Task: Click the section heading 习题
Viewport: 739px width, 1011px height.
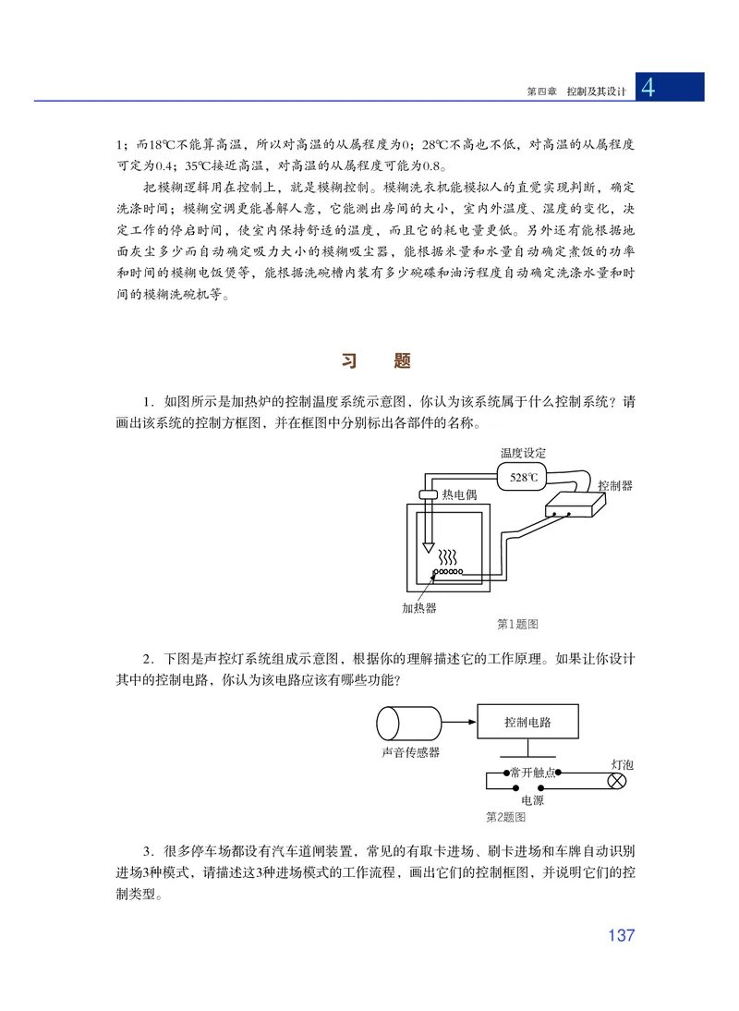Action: (x=375, y=360)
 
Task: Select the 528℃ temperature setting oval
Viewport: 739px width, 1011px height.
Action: (x=524, y=477)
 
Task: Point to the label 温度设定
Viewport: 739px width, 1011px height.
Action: (x=524, y=454)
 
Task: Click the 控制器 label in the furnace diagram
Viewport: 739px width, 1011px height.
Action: (x=615, y=486)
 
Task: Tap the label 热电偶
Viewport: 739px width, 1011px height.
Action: (x=459, y=494)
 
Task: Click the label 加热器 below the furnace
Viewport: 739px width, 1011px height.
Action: (x=418, y=608)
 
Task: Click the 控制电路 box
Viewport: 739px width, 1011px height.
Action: (x=527, y=722)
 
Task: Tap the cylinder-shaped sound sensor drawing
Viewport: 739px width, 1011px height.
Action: (x=409, y=721)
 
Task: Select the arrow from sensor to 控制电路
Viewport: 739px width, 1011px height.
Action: (x=459, y=721)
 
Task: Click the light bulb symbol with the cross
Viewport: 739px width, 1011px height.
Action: (x=615, y=782)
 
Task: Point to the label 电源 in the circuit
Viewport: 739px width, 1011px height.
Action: (x=532, y=800)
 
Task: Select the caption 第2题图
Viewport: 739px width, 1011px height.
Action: (x=505, y=817)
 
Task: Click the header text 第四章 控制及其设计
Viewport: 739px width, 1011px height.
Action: (x=575, y=91)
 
